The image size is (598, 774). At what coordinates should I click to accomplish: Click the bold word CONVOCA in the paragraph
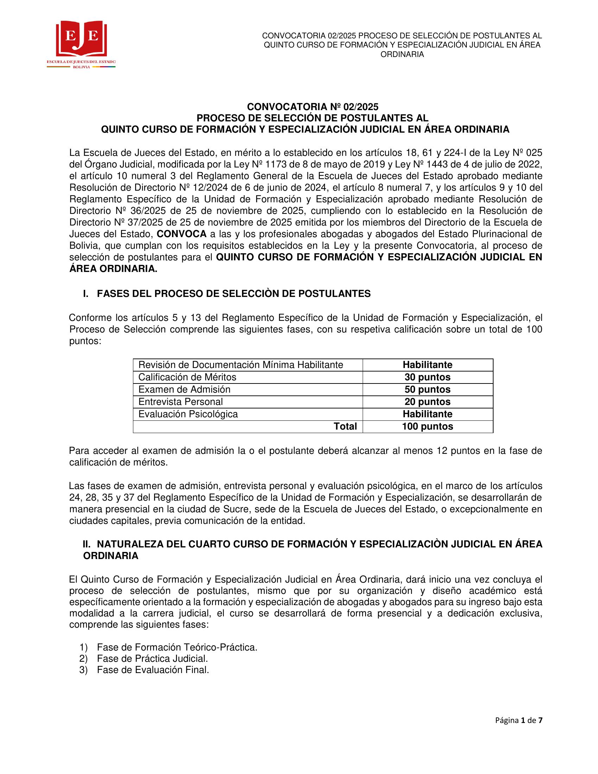[x=182, y=234]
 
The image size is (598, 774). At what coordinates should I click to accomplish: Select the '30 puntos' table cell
[x=427, y=377]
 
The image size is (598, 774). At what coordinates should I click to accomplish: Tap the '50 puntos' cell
[x=427, y=389]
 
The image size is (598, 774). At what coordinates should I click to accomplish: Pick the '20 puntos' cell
[x=427, y=402]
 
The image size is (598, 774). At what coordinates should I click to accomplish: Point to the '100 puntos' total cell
[x=427, y=426]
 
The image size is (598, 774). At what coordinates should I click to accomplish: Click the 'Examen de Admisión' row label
[x=184, y=389]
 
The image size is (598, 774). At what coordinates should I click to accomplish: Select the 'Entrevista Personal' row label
[x=180, y=402]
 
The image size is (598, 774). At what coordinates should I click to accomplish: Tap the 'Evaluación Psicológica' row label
[x=188, y=414]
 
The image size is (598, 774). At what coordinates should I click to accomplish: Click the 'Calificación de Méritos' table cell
[x=187, y=377]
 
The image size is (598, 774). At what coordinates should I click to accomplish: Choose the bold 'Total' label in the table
[x=345, y=426]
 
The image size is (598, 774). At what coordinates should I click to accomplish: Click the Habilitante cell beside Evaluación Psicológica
[x=427, y=414]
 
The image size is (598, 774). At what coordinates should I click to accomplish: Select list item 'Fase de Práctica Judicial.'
[x=152, y=659]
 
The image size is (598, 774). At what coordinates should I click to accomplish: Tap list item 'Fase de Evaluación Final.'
[x=153, y=670]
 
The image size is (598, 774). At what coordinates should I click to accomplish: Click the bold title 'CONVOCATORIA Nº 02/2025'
[x=312, y=107]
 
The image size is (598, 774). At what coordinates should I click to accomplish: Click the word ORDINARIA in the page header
[x=402, y=55]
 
